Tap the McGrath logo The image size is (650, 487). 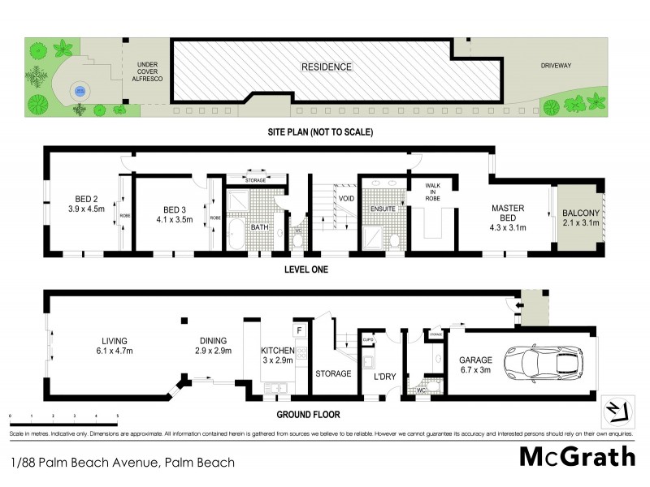pos(577,455)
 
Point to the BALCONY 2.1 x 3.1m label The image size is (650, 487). pos(580,219)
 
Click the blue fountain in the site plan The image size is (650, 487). pos(79,91)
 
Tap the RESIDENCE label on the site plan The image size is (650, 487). pos(326,67)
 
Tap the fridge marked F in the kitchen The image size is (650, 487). pos(299,331)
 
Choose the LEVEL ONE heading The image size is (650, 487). pos(305,269)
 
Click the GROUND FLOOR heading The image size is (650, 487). pos(308,414)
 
